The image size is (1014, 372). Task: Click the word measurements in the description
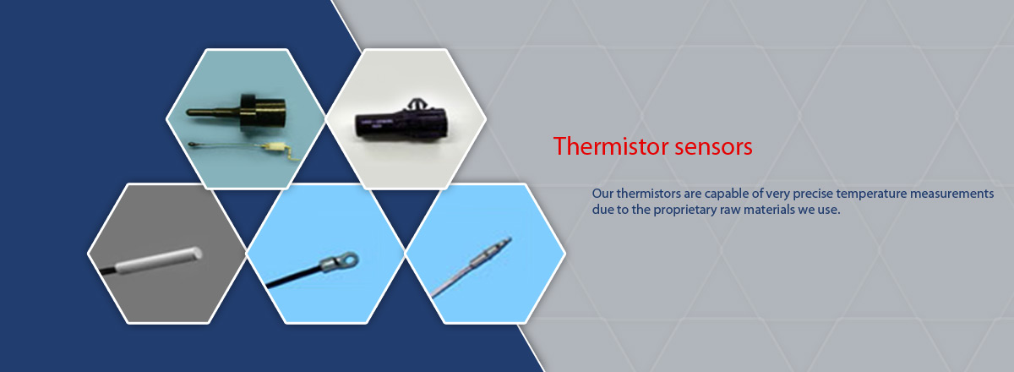coord(952,194)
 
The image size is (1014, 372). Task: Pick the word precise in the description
coord(813,194)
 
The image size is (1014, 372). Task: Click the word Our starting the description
coord(602,194)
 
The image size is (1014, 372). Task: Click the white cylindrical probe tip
coord(159,260)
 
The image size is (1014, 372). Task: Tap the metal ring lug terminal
coord(341,262)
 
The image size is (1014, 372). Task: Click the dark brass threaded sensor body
coord(262,112)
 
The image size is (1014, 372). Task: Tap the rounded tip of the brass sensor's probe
coord(188,112)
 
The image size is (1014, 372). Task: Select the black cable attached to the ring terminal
coord(293,276)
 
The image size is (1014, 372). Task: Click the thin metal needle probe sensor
coord(472,267)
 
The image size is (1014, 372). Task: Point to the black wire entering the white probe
coord(108,271)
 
